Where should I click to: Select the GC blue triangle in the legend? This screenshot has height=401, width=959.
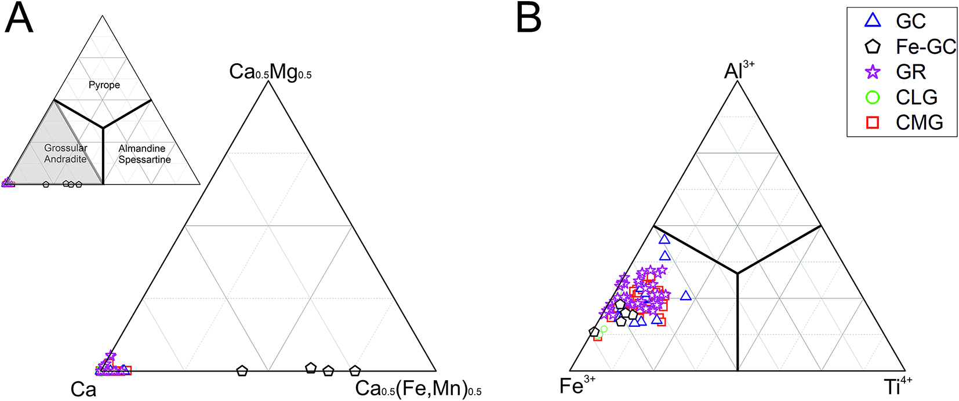(x=873, y=21)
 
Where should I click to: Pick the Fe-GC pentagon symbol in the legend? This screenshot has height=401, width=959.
(x=873, y=46)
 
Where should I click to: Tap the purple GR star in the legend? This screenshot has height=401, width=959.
(x=873, y=72)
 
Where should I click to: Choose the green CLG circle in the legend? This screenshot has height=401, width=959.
(x=873, y=97)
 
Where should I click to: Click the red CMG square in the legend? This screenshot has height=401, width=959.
(x=873, y=122)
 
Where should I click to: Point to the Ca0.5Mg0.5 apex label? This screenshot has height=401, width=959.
(x=270, y=72)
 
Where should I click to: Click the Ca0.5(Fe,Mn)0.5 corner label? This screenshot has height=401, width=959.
(x=418, y=388)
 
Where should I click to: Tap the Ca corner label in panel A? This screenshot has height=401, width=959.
(x=83, y=389)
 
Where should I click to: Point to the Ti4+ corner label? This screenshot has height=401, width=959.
(x=896, y=386)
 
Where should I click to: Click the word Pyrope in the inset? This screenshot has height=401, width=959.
(x=104, y=85)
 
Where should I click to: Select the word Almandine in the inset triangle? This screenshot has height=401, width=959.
(x=141, y=149)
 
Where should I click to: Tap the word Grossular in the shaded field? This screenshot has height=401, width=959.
(x=66, y=148)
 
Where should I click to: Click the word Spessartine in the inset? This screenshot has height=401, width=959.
(x=144, y=160)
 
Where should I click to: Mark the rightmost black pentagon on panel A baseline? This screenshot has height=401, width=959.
(x=355, y=371)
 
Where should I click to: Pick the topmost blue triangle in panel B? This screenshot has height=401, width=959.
(x=664, y=239)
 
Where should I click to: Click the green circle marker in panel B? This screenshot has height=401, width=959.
(x=604, y=329)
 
